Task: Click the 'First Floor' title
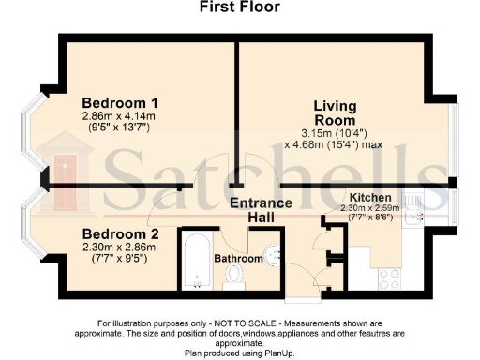239,7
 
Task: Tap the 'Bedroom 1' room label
120,103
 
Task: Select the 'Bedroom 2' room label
119,233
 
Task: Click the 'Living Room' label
335,113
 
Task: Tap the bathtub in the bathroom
194,258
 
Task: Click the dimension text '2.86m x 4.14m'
120,117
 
